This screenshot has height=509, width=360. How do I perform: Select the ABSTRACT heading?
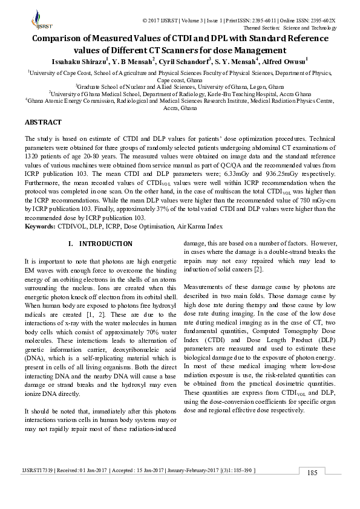pyautogui.click(x=43, y=123)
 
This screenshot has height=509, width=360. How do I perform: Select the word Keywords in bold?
pyautogui.click(x=39, y=226)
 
